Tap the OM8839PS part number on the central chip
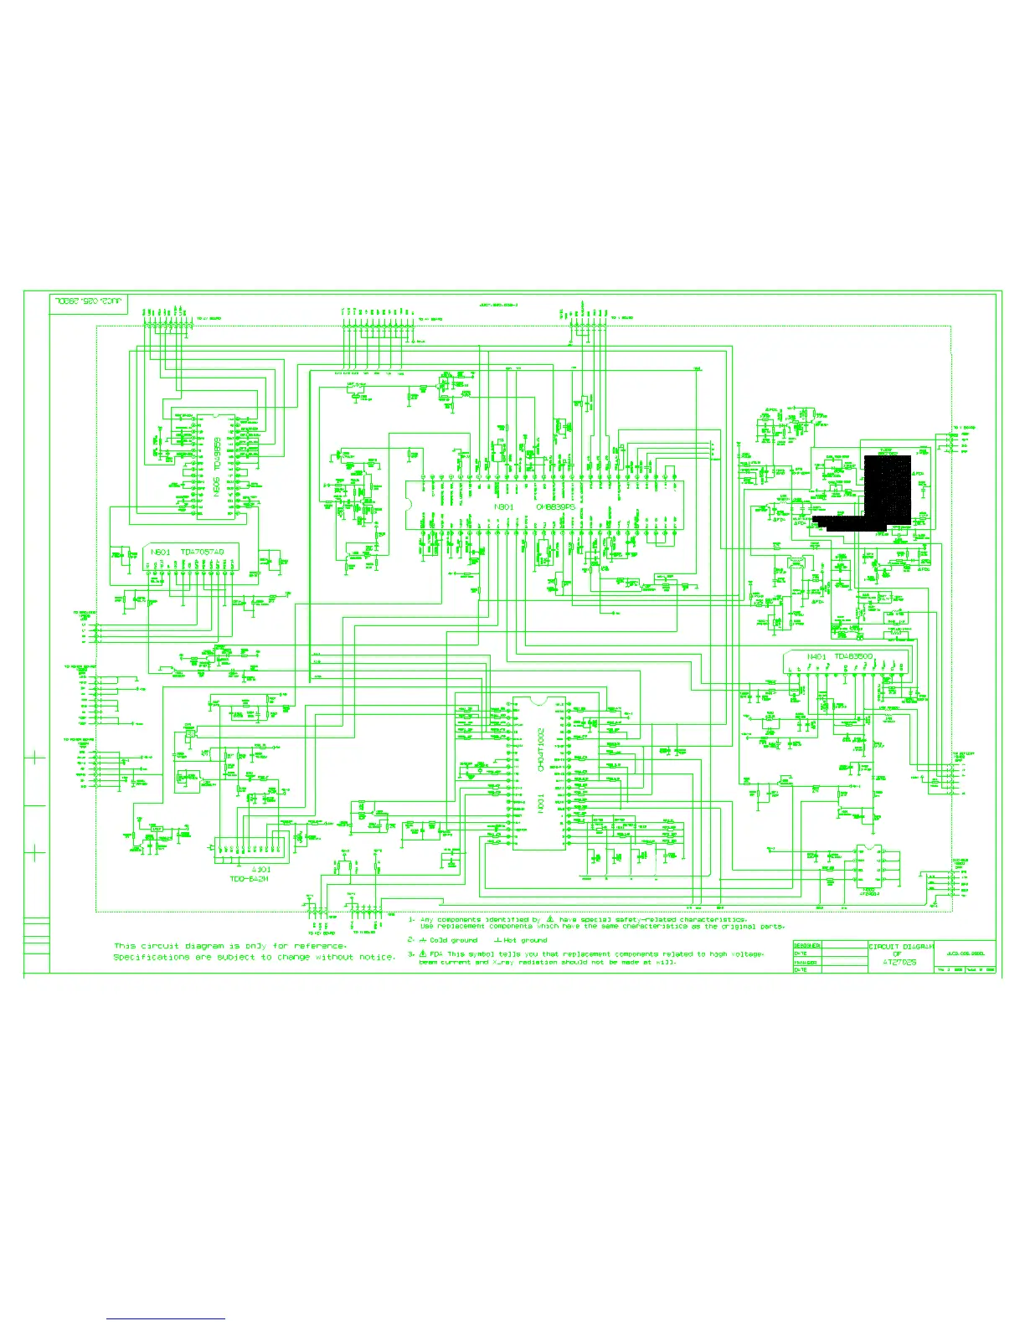pos(556,506)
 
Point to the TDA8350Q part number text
pos(852,656)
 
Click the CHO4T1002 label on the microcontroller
pos(541,749)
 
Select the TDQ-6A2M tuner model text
pos(249,879)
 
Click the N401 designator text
pos(816,656)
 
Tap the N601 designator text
pos(161,552)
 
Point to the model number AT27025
pos(899,963)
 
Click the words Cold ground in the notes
pos(453,940)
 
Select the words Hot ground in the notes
pos(525,940)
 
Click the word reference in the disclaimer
pos(319,946)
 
